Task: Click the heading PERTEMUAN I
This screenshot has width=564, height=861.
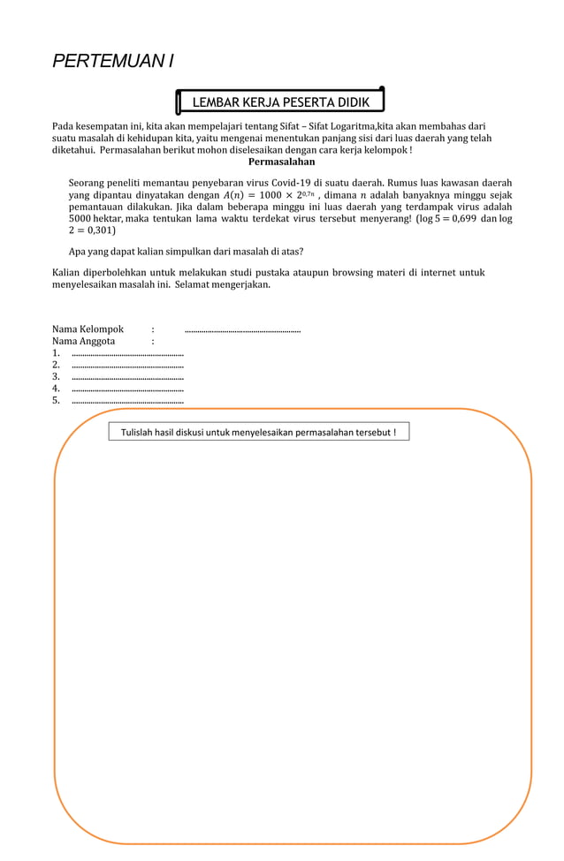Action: click(112, 61)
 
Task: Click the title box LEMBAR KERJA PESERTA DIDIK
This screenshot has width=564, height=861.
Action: click(281, 102)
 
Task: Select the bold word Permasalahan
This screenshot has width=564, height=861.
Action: click(281, 162)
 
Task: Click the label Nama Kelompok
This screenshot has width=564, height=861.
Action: click(88, 329)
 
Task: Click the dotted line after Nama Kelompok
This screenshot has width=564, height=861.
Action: click(242, 330)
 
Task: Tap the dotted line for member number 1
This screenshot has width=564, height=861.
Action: click(127, 353)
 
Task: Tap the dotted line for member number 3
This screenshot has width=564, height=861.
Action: click(127, 377)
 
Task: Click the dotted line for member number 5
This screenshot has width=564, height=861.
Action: click(127, 401)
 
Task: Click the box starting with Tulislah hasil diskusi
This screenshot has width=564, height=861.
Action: click(259, 432)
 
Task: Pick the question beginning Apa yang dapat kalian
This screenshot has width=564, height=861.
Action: click(186, 252)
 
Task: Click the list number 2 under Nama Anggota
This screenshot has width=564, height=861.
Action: click(56, 365)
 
